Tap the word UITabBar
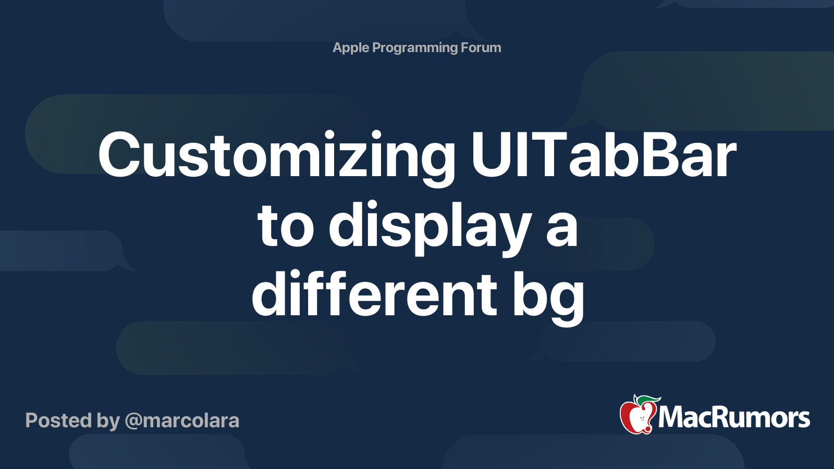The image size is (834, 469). (604, 155)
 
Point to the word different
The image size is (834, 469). (374, 295)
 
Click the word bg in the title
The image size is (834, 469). (548, 295)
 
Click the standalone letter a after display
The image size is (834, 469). (562, 229)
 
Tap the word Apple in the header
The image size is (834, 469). (351, 48)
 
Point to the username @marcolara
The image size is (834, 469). (182, 421)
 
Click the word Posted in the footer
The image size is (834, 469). (58, 421)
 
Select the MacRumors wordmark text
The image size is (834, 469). (734, 417)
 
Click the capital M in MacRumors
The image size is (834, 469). (671, 417)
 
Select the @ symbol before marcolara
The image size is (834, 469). (133, 421)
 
